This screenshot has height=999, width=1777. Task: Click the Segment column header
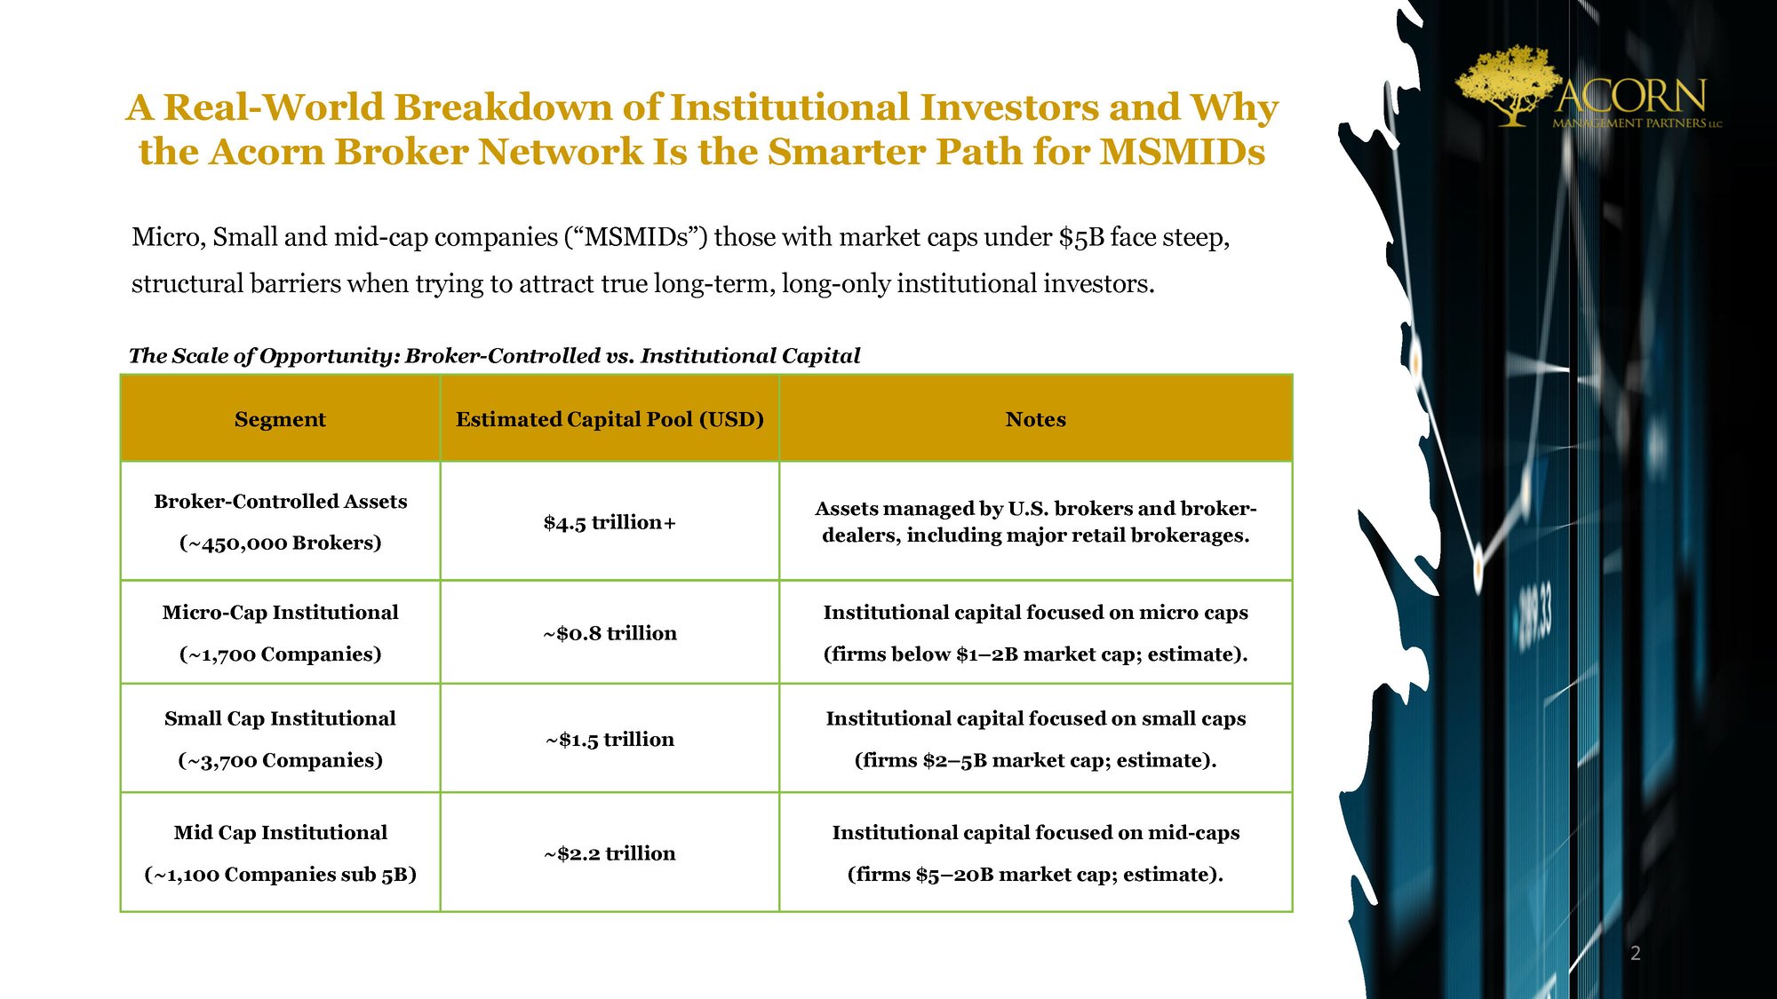(280, 419)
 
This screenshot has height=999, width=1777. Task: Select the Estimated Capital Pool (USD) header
(610, 419)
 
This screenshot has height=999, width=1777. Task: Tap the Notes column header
(1035, 419)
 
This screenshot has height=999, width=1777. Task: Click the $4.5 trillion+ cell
(610, 522)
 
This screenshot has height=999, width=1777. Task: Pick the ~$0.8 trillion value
(610, 633)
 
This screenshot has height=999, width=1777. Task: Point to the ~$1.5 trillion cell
(610, 739)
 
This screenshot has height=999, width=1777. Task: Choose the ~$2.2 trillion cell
(610, 853)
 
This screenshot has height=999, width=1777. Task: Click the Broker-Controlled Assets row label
(280, 501)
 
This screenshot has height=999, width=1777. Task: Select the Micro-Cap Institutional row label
(280, 612)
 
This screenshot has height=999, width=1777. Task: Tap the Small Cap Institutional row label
(280, 718)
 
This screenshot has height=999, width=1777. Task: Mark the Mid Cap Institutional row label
(280, 832)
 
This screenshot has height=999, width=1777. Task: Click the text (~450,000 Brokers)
(280, 543)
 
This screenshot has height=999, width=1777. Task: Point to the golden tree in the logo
(1509, 85)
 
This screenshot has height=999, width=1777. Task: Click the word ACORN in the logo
(1631, 95)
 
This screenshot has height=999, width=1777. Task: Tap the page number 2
(1635, 954)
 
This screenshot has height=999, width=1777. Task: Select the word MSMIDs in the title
(1183, 152)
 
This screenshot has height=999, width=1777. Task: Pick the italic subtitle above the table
(495, 356)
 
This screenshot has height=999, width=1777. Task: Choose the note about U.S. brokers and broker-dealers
(1035, 521)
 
